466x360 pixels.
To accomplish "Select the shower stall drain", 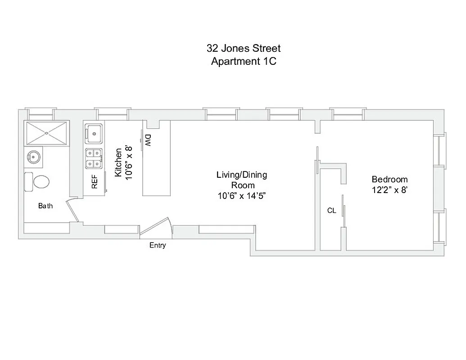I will tap(47, 133).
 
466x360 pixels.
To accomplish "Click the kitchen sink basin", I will tap(94, 133).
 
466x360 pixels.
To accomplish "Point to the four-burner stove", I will tap(94, 158).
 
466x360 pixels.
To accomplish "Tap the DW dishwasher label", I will tap(148, 140).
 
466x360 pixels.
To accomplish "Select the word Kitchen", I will tap(118, 163).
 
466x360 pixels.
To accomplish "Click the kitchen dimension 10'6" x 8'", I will tap(129, 163).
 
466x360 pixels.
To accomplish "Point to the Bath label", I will tap(45, 206).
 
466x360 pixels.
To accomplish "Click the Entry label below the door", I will tap(158, 245).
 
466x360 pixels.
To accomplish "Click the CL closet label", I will tap(331, 211).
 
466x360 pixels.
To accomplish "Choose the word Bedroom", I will tap(389, 179).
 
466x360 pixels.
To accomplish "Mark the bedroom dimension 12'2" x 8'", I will tap(390, 190).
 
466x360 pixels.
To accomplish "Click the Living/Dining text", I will tap(241, 175).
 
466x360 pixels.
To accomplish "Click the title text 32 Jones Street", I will tap(244, 48).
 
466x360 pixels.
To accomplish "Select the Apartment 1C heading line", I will tap(244, 62).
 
